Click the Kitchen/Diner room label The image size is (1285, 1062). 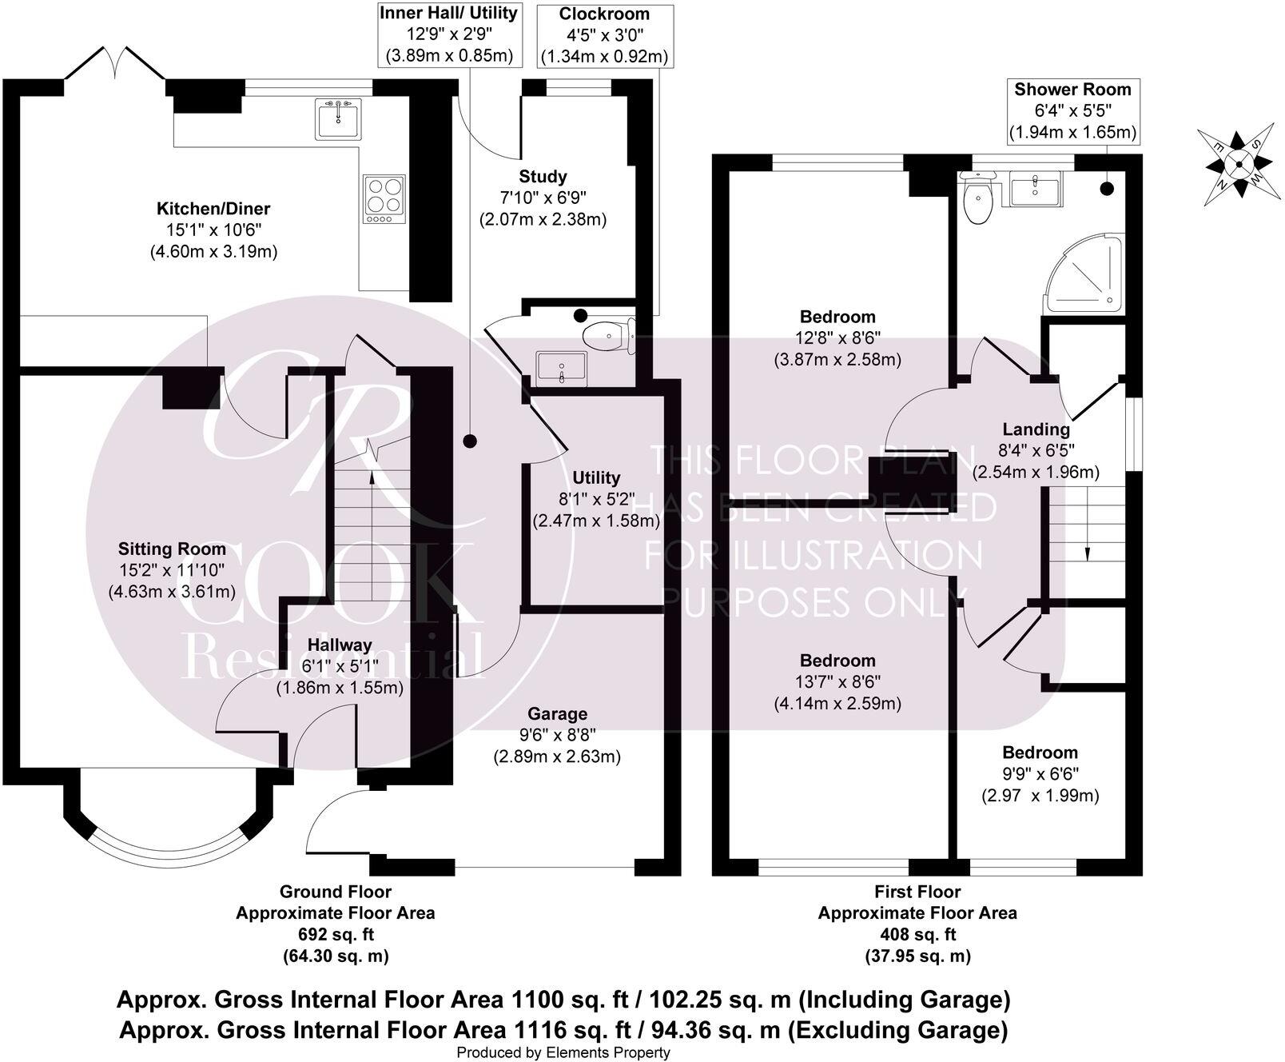(213, 209)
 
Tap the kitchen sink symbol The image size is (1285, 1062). (338, 119)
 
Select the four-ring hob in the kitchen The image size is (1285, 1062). (384, 198)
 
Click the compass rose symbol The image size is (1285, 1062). (1238, 166)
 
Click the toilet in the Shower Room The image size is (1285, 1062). (977, 200)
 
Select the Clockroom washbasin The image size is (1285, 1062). (562, 367)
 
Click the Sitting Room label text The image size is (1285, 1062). (172, 549)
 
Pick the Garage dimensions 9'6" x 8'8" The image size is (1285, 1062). (557, 735)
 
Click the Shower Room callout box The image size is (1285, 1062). (1072, 111)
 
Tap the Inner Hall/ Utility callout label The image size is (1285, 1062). (448, 34)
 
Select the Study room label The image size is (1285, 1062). (543, 177)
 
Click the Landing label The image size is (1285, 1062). (1036, 429)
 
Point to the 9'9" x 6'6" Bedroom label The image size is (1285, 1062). (1040, 753)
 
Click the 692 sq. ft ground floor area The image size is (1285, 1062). (335, 934)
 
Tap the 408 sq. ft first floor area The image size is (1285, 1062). (917, 934)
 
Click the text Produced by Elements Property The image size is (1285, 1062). (563, 1052)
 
